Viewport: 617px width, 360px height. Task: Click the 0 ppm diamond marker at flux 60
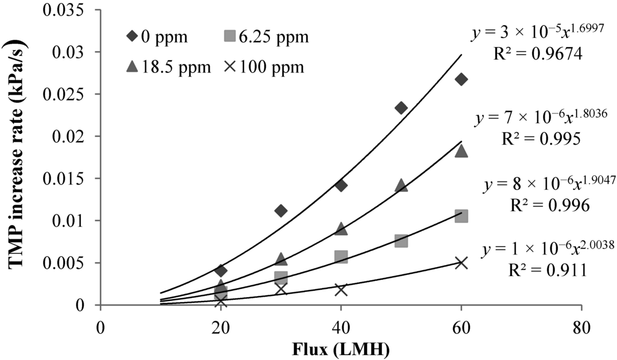point(462,80)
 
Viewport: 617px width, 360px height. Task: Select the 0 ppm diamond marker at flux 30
point(281,210)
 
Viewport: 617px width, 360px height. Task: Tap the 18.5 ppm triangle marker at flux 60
point(462,151)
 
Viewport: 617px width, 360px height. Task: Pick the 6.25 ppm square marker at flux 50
point(401,241)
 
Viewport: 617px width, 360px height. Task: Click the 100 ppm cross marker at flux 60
point(462,263)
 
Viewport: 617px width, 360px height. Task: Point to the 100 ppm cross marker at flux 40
point(341,289)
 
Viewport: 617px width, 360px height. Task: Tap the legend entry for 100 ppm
point(265,67)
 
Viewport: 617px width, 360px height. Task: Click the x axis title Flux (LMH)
point(341,349)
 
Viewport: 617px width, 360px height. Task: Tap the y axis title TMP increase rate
point(16,157)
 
